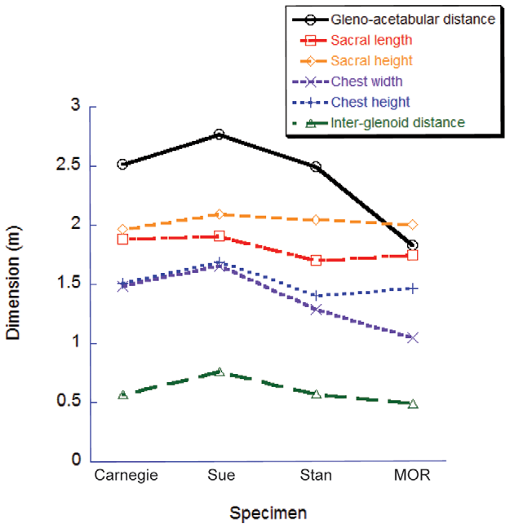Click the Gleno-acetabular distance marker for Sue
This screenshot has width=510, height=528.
point(219,134)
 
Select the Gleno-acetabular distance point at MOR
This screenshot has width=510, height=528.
point(413,245)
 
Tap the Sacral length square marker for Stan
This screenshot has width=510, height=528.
point(316,260)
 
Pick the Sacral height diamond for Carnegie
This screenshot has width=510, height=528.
point(122,230)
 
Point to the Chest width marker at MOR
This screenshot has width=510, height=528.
point(413,337)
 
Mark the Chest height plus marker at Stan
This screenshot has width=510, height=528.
point(316,295)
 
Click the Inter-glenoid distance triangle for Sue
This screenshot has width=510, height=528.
point(219,372)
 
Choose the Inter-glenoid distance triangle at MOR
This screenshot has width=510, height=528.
point(413,404)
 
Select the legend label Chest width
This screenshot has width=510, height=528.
point(367,81)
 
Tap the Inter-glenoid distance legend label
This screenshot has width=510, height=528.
point(398,123)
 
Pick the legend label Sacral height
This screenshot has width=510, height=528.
point(371,60)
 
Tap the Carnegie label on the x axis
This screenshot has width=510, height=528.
point(122,475)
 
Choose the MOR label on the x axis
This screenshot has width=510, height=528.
point(413,475)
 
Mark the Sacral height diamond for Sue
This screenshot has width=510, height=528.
point(219,214)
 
